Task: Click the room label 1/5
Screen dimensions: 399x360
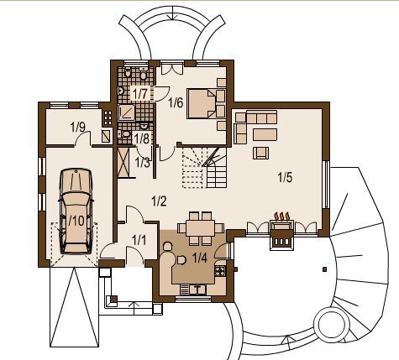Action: coord(285,177)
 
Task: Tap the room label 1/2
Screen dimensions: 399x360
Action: coord(159,201)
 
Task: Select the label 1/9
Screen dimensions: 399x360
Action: coord(78,128)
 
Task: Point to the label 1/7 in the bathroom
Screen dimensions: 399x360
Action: coord(140,93)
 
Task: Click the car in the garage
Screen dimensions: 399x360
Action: coord(76,211)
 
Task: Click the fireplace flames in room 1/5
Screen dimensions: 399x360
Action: coord(281,217)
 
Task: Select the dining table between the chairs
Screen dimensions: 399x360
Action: coord(201,228)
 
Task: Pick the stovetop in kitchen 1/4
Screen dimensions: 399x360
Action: coord(220,271)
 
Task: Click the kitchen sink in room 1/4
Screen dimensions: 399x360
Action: coord(198,290)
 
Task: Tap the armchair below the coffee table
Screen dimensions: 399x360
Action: coord(261,153)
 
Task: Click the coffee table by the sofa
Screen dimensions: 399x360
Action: coord(265,134)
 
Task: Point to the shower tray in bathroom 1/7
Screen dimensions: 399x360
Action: coord(126,112)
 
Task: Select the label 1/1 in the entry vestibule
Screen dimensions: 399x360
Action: coord(139,240)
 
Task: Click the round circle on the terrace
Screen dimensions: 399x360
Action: coord(332,325)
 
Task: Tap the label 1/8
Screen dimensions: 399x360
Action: coord(142,138)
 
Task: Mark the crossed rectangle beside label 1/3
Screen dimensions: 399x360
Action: coord(124,162)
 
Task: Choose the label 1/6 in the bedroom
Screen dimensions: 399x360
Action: coord(176,103)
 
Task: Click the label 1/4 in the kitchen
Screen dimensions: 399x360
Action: coord(200,258)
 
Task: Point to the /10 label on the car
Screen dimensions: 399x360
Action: coord(76,221)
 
